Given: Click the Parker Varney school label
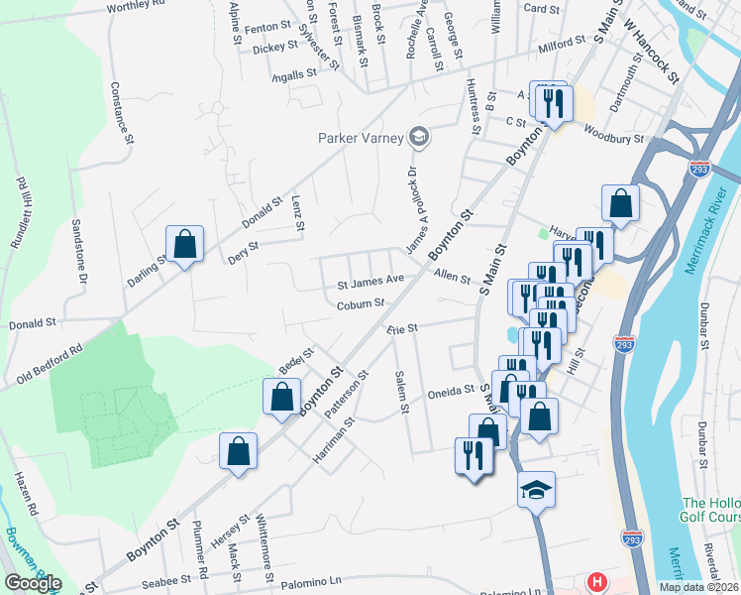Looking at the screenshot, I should click(362, 137).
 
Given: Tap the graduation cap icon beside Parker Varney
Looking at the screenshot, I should click(419, 137).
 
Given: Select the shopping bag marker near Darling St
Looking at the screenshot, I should click(184, 243).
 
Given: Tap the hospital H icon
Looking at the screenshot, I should click(596, 582).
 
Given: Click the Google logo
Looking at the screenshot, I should click(33, 583).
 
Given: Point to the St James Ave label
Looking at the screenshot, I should click(371, 281).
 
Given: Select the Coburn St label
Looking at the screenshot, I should click(359, 304).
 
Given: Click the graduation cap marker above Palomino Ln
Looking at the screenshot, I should click(536, 490).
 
